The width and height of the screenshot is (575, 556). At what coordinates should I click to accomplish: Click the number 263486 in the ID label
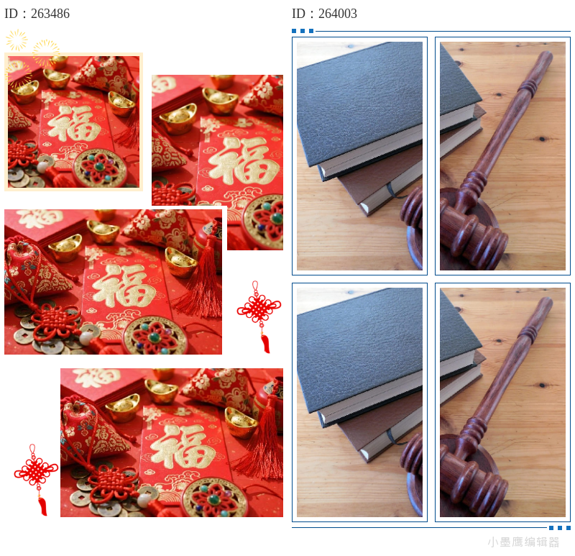click(50, 14)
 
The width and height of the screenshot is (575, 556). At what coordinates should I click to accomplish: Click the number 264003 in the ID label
click(337, 14)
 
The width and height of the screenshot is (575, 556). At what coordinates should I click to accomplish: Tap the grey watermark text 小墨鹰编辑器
click(523, 542)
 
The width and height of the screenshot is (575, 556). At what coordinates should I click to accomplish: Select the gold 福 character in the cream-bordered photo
click(74, 124)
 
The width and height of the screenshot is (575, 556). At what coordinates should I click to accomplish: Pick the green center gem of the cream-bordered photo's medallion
click(99, 167)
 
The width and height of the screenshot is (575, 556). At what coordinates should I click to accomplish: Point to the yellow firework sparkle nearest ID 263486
click(17, 40)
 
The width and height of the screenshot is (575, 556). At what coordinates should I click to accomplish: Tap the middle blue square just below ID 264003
click(303, 31)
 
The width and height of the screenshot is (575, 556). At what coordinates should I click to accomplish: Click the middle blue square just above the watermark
click(560, 528)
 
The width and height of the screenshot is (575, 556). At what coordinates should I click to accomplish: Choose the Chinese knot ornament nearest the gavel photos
click(259, 316)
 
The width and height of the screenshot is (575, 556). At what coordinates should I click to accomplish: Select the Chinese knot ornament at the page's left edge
click(36, 479)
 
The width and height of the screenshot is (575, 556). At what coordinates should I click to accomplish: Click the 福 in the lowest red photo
click(183, 445)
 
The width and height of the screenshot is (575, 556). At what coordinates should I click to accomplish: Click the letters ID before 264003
click(298, 14)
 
